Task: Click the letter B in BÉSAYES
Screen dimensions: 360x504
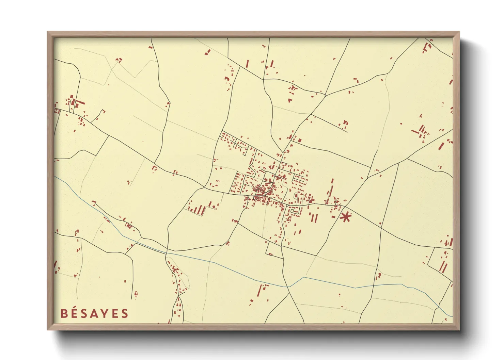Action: tap(64, 313)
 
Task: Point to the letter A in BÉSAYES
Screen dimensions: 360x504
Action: tap(94, 313)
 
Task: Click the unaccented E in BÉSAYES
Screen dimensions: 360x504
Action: tap(115, 313)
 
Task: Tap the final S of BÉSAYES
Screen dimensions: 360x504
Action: tap(124, 313)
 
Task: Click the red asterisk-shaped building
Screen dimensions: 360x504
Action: tap(346, 217)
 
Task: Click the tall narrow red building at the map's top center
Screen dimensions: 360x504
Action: tap(247, 64)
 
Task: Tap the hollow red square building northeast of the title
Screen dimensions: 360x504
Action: tap(136, 293)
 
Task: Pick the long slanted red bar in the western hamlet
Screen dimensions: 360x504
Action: tap(80, 102)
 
